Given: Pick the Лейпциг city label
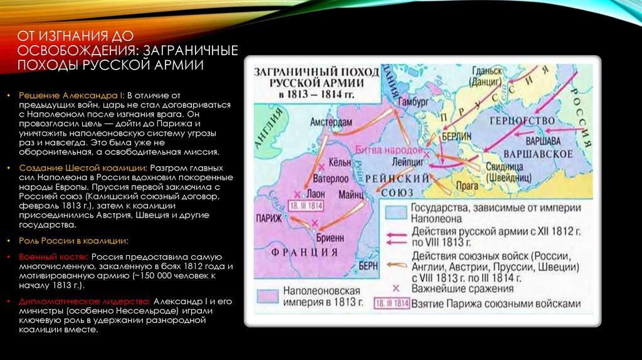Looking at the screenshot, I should coord(406,161).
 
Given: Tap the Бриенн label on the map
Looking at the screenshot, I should coord(329,238).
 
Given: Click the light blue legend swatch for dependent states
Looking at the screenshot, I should coord(395,213).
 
